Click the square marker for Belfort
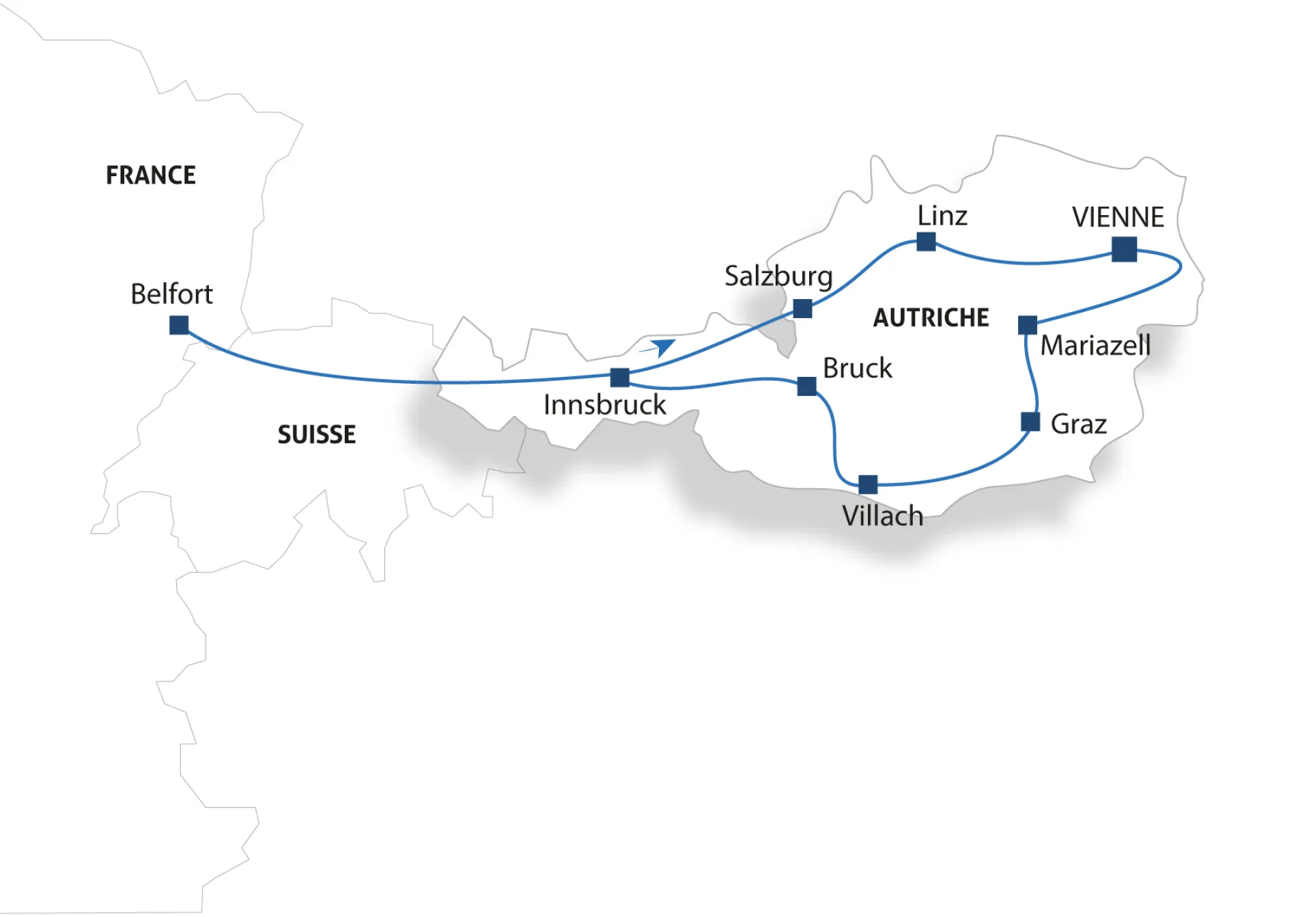(179, 325)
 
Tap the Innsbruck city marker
(619, 378)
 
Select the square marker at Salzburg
(802, 309)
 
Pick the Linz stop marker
(926, 242)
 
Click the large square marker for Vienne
(1124, 249)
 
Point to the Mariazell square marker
(1027, 325)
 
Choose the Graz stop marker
(1030, 422)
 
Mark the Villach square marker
(868, 484)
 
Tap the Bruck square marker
(806, 386)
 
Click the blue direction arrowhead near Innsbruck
(661, 347)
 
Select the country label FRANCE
(151, 175)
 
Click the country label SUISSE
(317, 434)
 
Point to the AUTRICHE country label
(931, 318)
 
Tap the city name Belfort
(171, 294)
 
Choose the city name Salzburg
(778, 277)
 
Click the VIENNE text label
(1118, 217)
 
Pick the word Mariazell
(1095, 345)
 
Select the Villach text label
(882, 516)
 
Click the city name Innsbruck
(604, 405)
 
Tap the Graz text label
(1078, 424)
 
